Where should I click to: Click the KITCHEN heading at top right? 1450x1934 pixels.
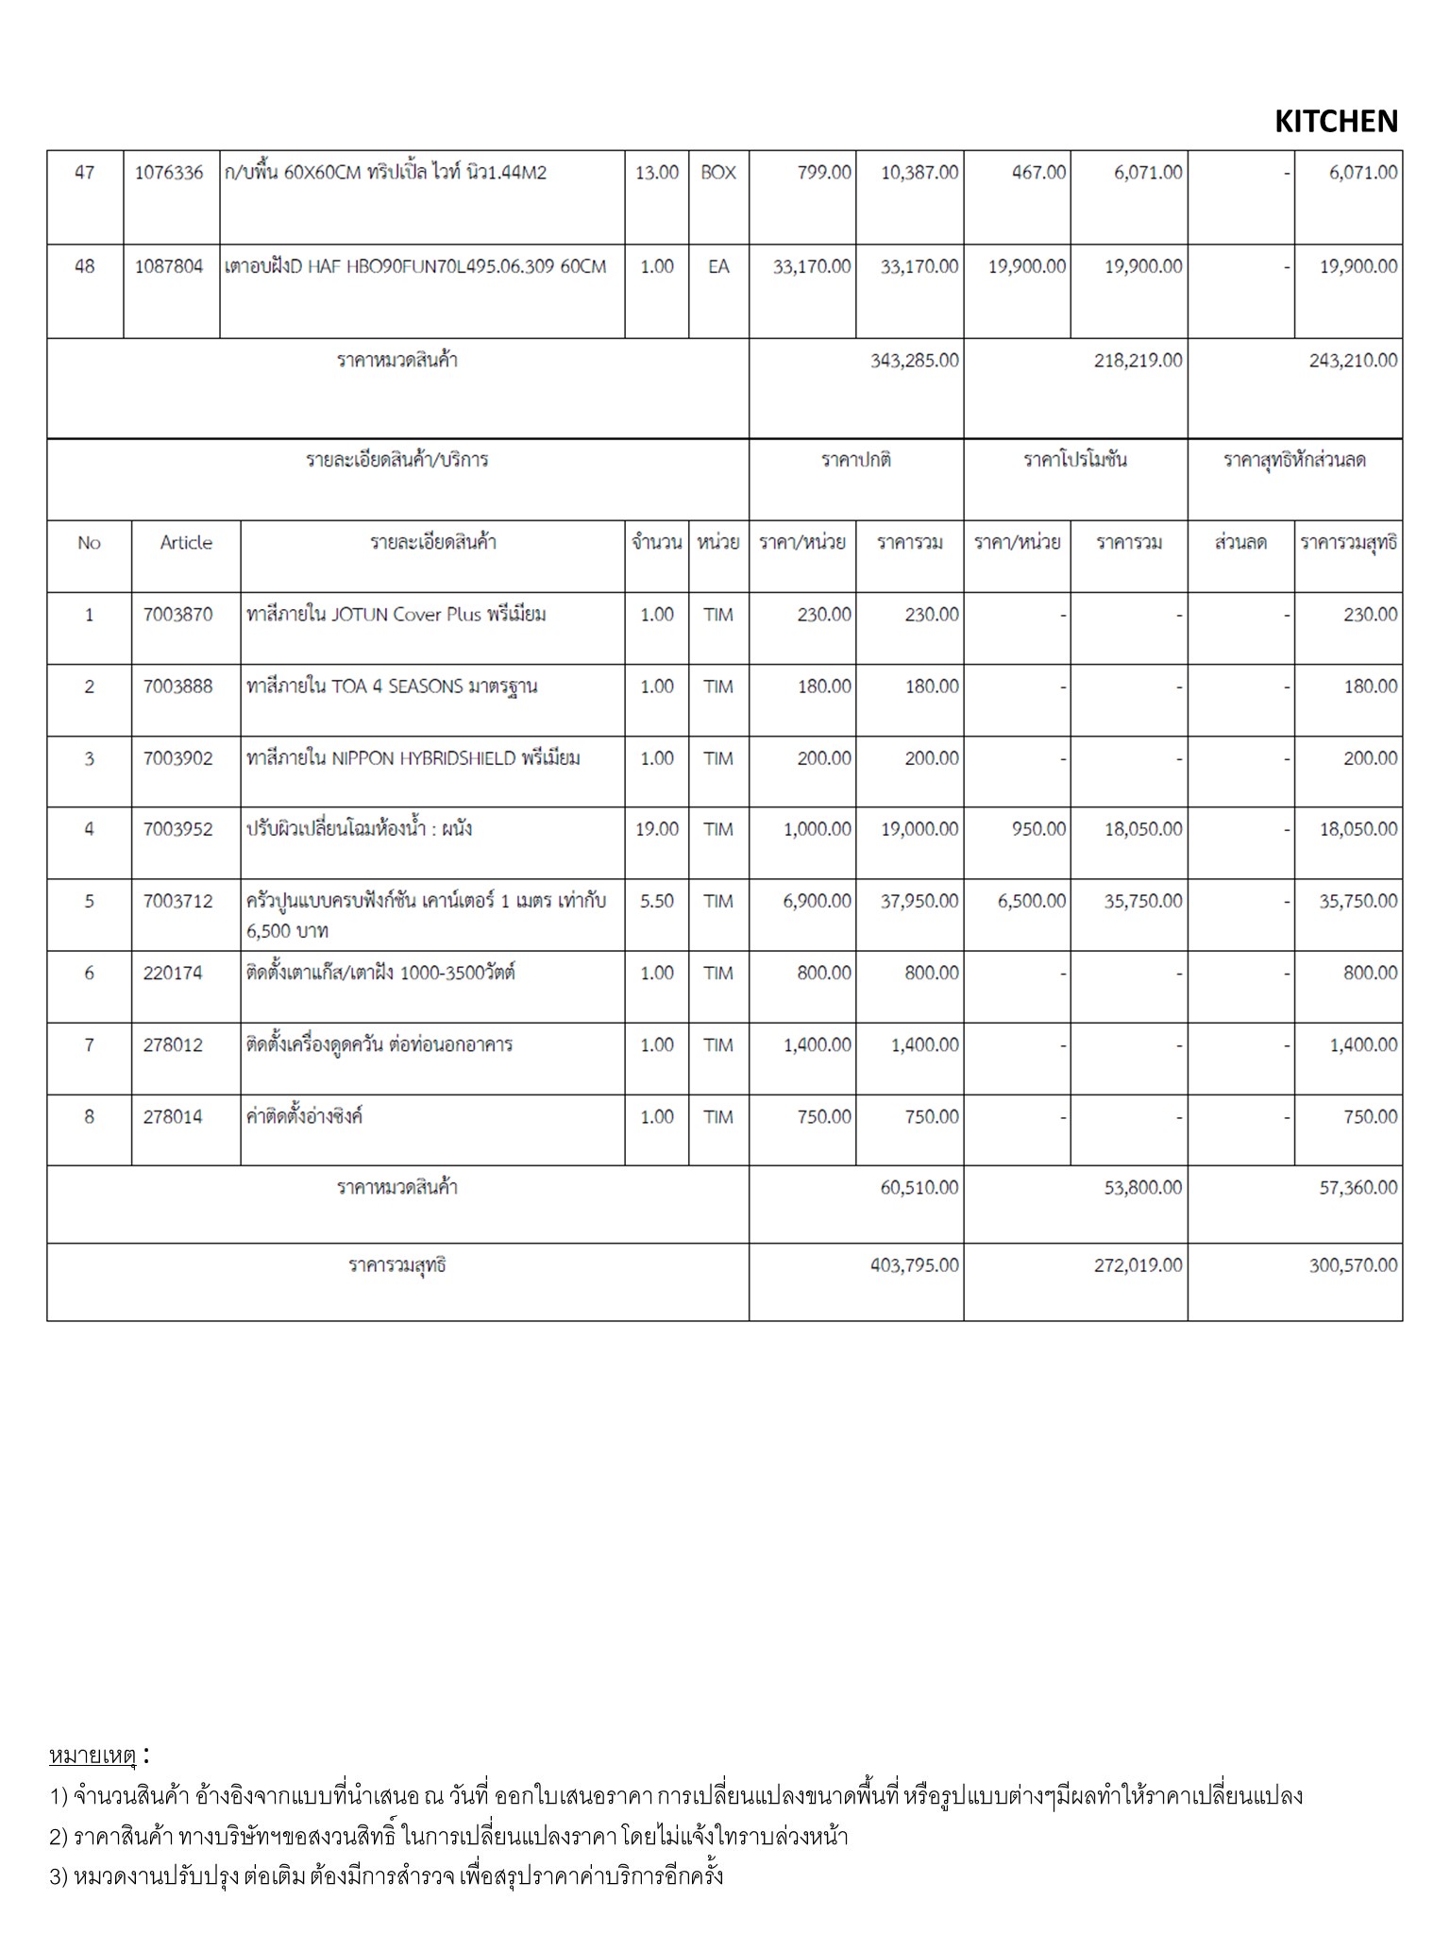click(1336, 121)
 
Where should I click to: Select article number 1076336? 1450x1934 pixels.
click(169, 173)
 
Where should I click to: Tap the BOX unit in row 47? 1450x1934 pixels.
click(718, 173)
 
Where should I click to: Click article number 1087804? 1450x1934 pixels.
click(169, 266)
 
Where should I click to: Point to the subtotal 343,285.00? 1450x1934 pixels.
click(914, 361)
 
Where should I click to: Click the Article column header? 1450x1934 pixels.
click(186, 543)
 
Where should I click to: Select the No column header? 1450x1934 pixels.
click(89, 543)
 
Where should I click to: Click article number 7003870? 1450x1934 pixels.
click(178, 615)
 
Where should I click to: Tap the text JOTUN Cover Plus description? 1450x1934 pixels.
click(396, 615)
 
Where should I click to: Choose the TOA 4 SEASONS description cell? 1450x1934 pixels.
click(392, 687)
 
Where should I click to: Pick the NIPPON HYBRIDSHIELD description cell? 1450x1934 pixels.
click(413, 758)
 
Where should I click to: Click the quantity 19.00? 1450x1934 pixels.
click(657, 829)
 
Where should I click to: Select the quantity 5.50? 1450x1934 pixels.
click(657, 901)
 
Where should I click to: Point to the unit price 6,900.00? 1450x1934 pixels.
click(817, 901)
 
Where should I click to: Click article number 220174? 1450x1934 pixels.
click(173, 973)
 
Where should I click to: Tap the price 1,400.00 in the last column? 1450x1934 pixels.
click(1363, 1044)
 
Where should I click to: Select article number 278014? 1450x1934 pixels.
click(173, 1116)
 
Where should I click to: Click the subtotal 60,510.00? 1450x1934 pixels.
click(919, 1187)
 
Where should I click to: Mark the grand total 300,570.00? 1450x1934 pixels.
click(1353, 1265)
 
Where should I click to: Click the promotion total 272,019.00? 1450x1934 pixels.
click(1138, 1265)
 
